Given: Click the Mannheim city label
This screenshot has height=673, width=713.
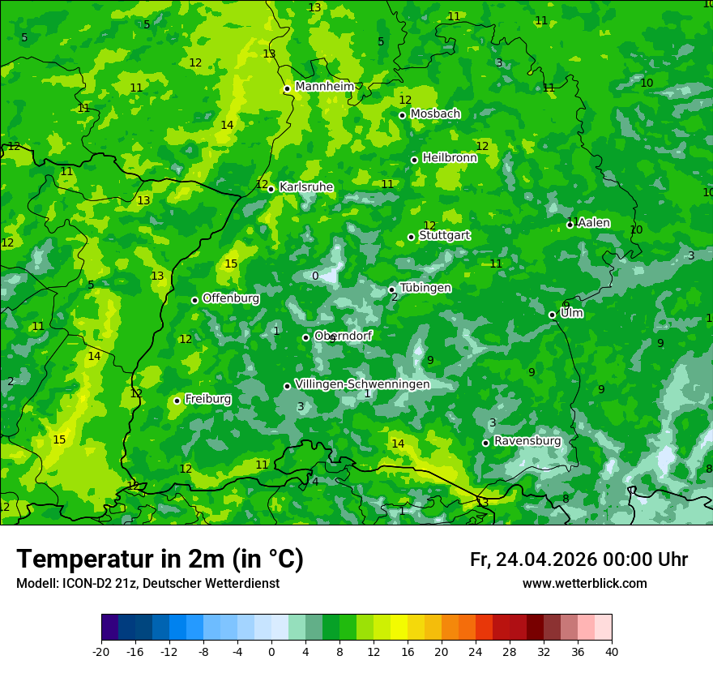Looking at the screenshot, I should click(x=325, y=86).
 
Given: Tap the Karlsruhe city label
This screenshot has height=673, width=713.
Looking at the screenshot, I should click(x=306, y=186).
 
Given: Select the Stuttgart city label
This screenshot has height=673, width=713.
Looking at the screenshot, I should click(x=445, y=235).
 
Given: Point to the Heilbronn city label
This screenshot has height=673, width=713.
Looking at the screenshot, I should click(x=450, y=158).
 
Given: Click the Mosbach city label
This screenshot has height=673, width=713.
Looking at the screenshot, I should click(x=435, y=114).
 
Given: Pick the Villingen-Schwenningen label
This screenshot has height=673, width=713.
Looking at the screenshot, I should click(x=363, y=384).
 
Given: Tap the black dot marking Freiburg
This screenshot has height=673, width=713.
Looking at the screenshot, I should click(x=177, y=401).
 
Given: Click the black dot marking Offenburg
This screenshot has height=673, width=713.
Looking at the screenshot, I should click(x=194, y=300).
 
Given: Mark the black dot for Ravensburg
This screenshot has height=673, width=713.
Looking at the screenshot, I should click(x=485, y=443).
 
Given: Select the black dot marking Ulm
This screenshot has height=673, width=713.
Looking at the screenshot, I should click(x=552, y=315).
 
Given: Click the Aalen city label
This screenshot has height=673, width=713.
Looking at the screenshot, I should click(x=594, y=223).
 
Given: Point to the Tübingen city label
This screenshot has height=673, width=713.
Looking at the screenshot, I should click(x=425, y=288).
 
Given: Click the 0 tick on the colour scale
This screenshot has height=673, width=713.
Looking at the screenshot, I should click(x=271, y=651).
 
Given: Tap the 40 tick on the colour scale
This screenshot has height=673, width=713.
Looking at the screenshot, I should click(x=611, y=651).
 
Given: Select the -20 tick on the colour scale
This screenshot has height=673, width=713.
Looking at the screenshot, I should click(x=101, y=651).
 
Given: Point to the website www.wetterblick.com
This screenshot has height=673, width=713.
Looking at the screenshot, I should click(x=585, y=584).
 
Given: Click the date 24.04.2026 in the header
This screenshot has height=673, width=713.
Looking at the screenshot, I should click(x=546, y=559).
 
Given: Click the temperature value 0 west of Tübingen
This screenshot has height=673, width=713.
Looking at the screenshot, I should click(x=315, y=276).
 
